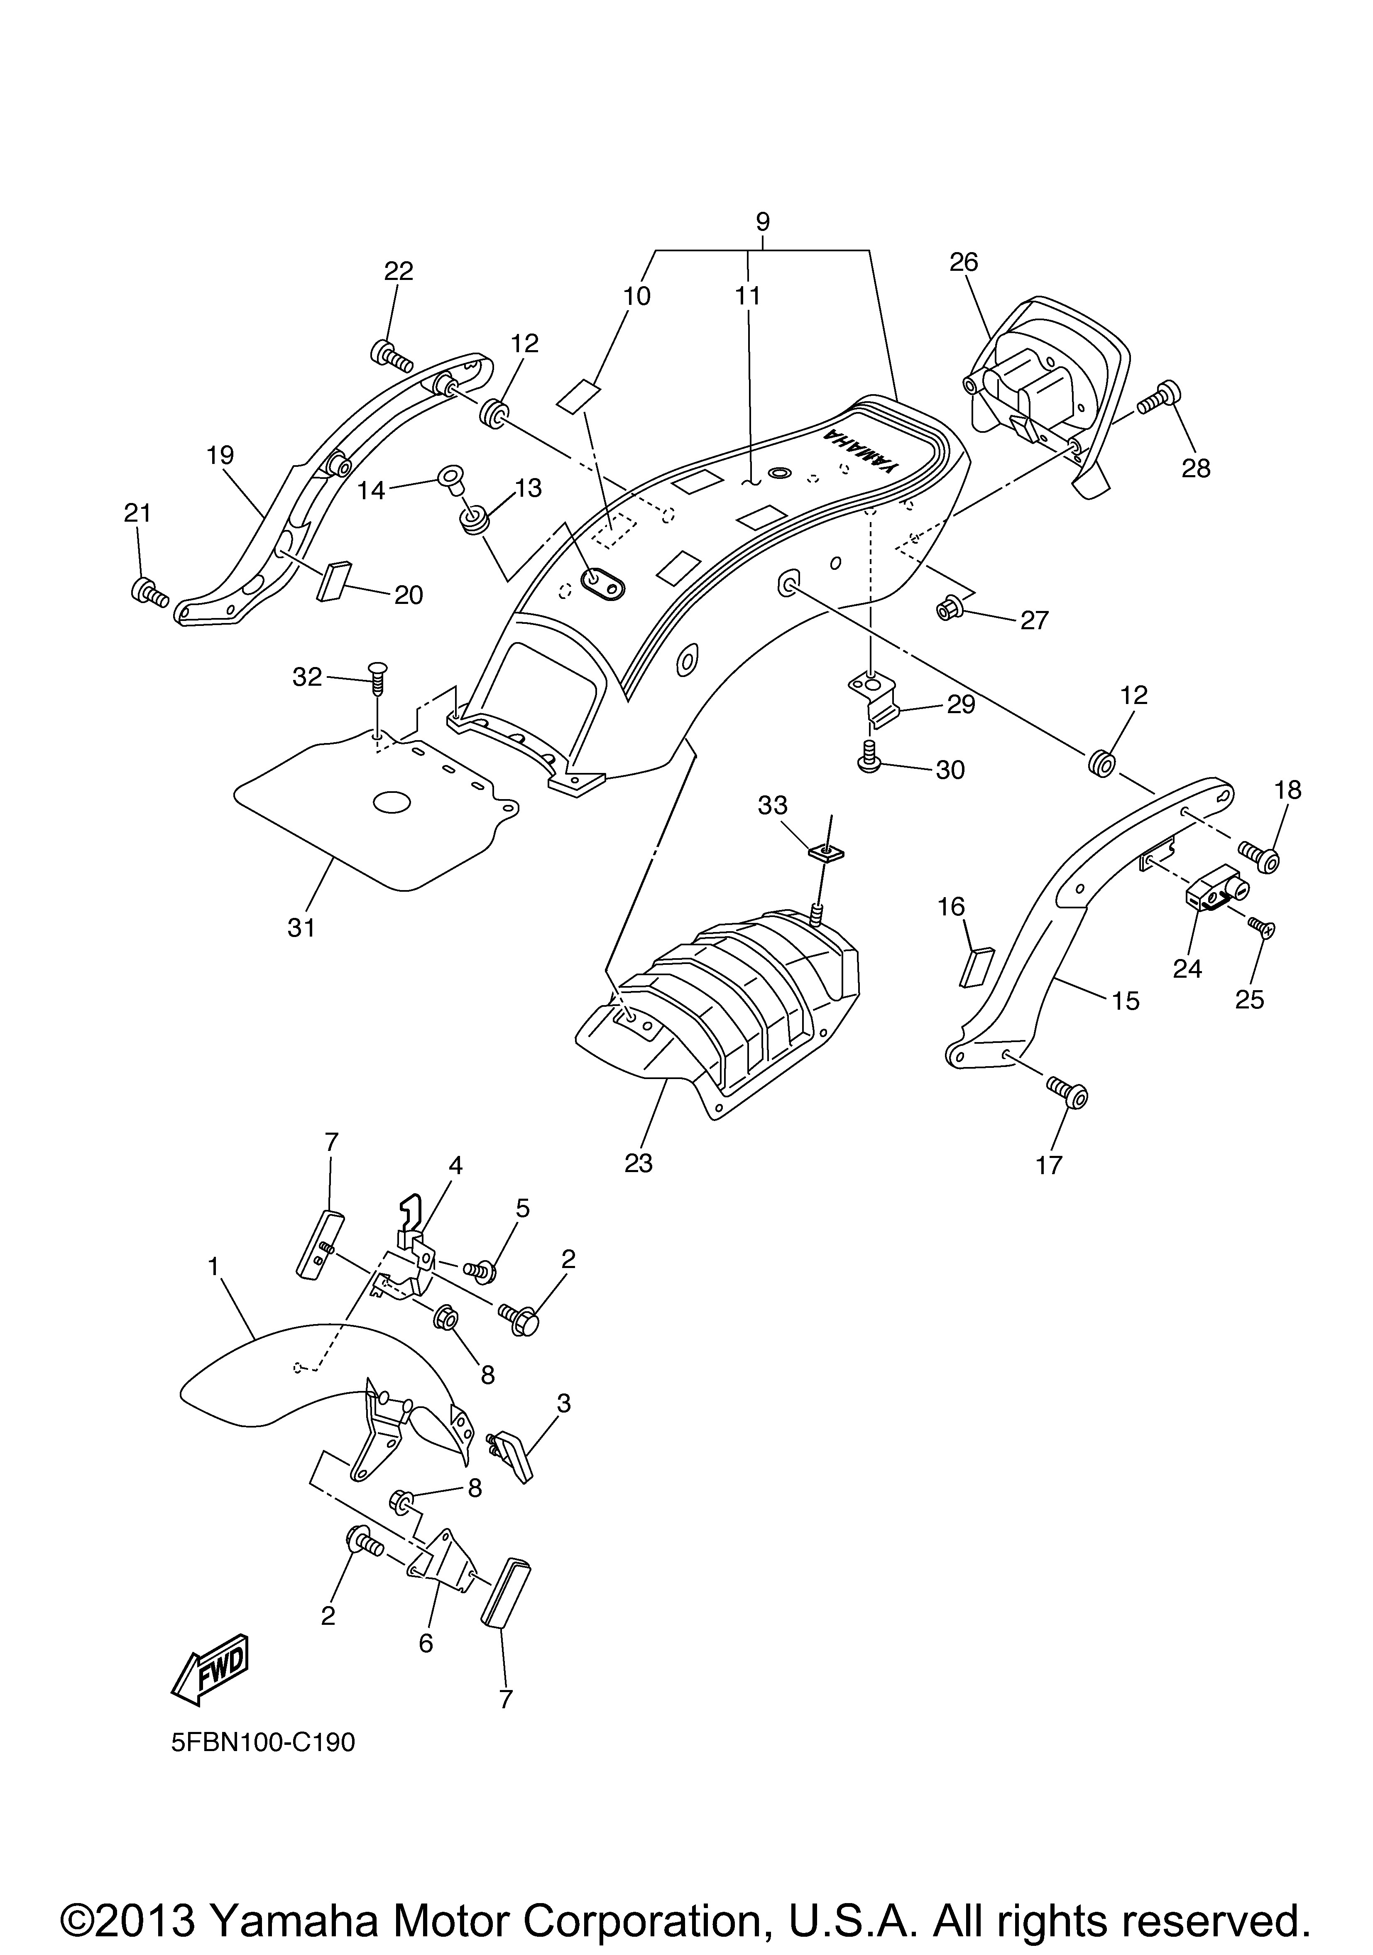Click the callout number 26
point(964,262)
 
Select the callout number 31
point(301,927)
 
